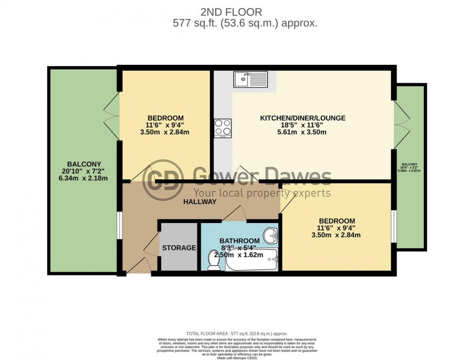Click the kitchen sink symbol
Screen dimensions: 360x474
click(250, 79)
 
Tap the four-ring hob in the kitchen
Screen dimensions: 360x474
click(222, 128)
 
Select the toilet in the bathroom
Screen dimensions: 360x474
click(213, 260)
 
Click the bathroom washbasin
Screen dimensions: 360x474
click(270, 236)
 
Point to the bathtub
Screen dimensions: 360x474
click(252, 262)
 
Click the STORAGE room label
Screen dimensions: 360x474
click(179, 248)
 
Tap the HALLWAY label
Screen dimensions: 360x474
click(199, 202)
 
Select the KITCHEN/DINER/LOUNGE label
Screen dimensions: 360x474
click(303, 118)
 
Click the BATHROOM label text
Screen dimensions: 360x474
click(239, 240)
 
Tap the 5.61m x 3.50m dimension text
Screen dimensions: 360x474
click(303, 132)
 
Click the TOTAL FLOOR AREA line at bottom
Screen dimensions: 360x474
click(237, 334)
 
